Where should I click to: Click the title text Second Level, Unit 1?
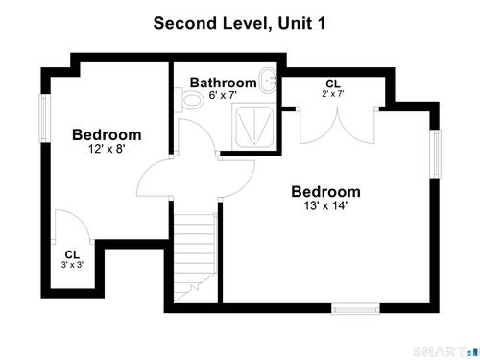[239, 23]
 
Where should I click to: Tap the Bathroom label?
[223, 83]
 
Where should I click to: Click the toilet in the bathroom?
[189, 100]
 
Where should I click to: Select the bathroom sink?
[268, 81]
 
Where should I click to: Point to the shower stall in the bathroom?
[254, 127]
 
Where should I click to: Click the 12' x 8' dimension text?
[107, 149]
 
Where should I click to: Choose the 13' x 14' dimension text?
[325, 205]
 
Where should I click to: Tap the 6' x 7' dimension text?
[223, 95]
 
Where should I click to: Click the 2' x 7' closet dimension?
[333, 94]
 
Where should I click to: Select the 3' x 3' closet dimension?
[72, 265]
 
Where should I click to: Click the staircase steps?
[195, 257]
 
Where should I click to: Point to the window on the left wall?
[45, 118]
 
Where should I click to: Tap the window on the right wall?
[436, 154]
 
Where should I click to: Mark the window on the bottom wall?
[355, 309]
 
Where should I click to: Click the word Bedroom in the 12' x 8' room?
[107, 134]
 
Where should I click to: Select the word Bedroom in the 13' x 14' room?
[325, 192]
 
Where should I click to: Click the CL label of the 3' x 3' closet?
[72, 254]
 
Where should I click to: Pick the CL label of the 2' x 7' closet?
[333, 84]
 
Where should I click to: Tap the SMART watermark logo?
[446, 351]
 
